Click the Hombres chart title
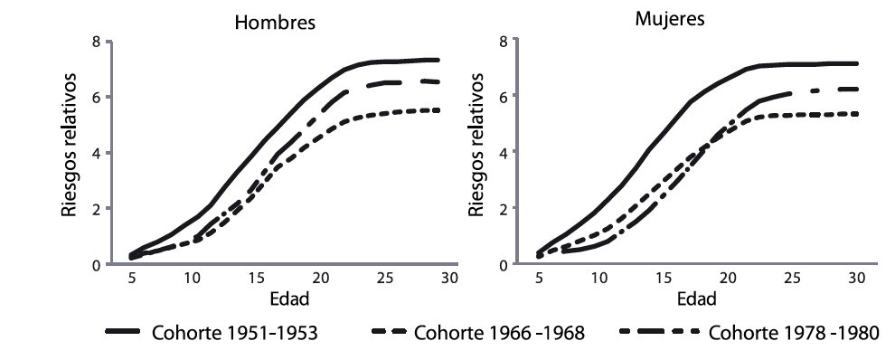tap(275, 24)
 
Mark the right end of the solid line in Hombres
tap(438, 61)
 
